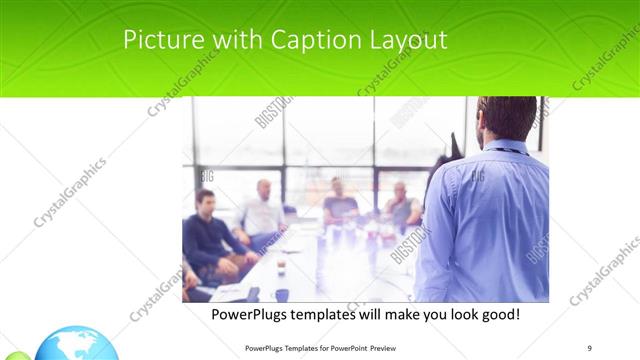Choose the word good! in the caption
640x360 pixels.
coord(496,314)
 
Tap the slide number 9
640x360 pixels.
coord(590,347)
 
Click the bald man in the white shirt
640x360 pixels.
coord(262,213)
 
